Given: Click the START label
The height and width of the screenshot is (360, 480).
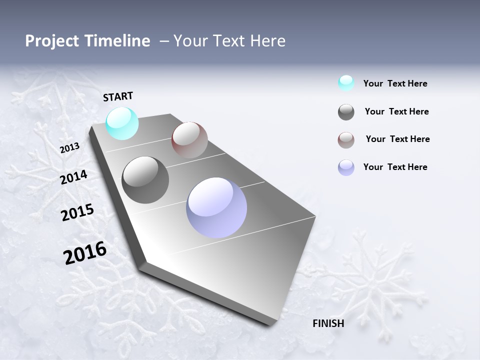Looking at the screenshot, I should tap(118, 96).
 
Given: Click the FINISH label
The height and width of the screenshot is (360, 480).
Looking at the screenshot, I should tap(328, 323).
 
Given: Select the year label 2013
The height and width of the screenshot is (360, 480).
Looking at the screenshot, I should tap(69, 148).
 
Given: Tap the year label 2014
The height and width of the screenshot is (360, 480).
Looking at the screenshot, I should tap(74, 177).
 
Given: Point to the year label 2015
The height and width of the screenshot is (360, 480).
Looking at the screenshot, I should tap(77, 212).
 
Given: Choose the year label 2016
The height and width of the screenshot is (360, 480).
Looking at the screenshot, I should tap(85, 253).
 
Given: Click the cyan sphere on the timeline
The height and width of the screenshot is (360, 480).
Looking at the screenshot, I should tap(122, 123).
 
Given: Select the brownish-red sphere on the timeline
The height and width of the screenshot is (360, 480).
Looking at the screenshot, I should tap(189, 140).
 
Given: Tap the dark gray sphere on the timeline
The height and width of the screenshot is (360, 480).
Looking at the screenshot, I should tap(145, 180).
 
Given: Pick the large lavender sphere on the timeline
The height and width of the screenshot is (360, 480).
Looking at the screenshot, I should tap(216, 207).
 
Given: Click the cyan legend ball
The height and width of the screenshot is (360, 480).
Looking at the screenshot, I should tap(346, 83).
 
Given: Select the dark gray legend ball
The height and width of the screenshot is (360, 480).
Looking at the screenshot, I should tap(346, 112).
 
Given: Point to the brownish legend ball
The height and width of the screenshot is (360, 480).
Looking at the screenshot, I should tap(346, 140).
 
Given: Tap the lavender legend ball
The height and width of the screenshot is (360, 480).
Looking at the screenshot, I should tap(346, 167).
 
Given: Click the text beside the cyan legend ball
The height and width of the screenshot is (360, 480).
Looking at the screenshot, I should tap(395, 83).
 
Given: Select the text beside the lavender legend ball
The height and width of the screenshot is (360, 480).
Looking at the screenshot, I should tap(395, 167).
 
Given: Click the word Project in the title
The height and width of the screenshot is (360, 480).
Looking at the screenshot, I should tap(51, 41).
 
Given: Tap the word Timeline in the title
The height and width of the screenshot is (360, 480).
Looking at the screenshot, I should tap(119, 41).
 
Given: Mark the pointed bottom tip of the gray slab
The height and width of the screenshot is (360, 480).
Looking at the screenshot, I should tap(270, 324).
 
